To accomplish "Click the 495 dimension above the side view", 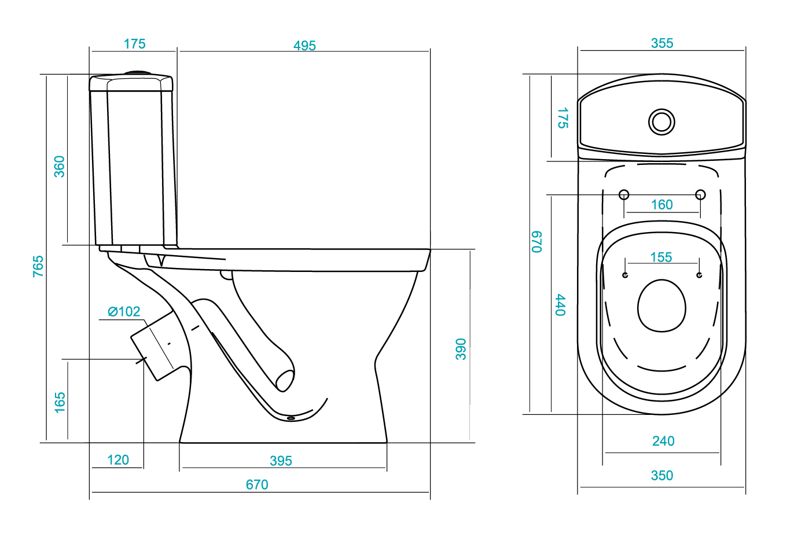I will (x=304, y=46).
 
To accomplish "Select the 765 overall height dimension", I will (x=38, y=266).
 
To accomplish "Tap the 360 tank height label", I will (x=60, y=167).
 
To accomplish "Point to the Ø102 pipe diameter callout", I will (x=124, y=312).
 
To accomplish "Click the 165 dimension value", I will (x=60, y=403).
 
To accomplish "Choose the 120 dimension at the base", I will (x=118, y=460).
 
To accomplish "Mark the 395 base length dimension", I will (x=281, y=461).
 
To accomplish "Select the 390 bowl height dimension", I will (x=461, y=350).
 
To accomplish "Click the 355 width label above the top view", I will (x=662, y=43).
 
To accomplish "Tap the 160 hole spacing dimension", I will (x=661, y=205).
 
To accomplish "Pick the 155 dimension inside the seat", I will (x=661, y=258).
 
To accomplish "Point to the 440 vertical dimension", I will (x=560, y=305).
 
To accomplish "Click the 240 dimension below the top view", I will (x=663, y=442).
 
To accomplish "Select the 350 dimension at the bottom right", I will (x=662, y=476).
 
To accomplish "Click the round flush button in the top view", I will (x=661, y=122).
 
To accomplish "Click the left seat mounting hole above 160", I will (x=624, y=194).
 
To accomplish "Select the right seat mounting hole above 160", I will (x=700, y=194).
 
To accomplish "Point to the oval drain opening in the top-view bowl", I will (x=661, y=306).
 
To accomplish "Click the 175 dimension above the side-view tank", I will (x=135, y=44).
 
